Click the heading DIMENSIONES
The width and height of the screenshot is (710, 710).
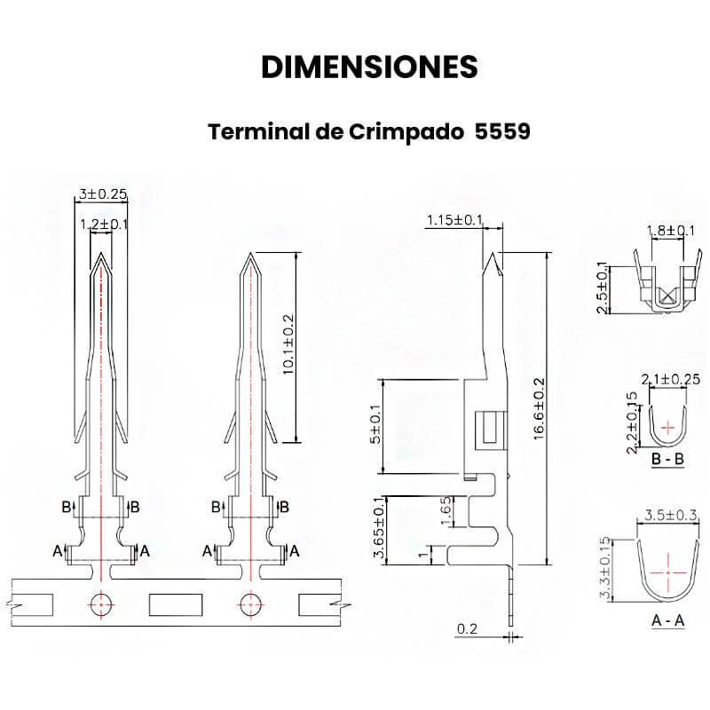click(370, 67)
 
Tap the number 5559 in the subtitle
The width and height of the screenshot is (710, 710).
click(502, 132)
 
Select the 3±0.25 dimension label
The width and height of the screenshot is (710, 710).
click(104, 193)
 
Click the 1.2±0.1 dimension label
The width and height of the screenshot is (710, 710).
click(104, 225)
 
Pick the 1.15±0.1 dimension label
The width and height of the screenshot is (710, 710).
click(454, 220)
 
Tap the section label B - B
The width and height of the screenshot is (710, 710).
click(667, 460)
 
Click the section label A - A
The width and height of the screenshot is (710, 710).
click(667, 620)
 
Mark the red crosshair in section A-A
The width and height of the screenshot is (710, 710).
click(667, 570)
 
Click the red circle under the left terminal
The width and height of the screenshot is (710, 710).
click(102, 603)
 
